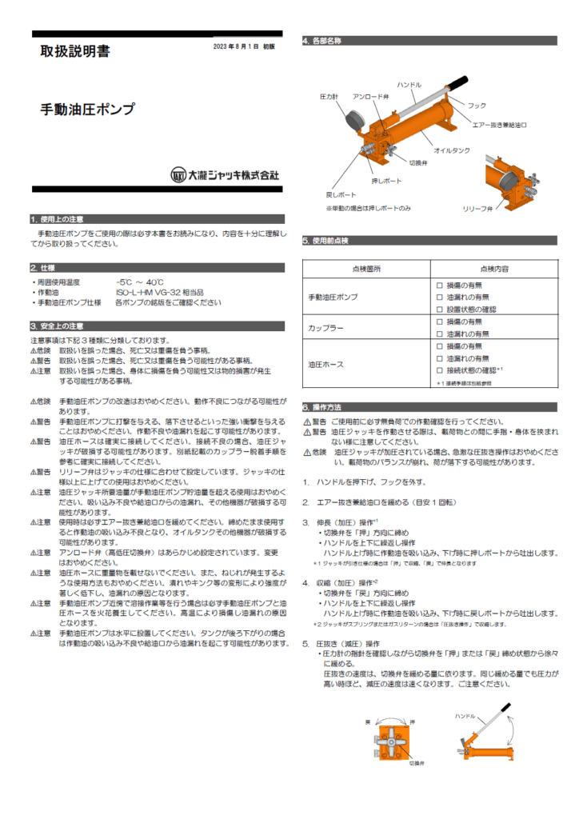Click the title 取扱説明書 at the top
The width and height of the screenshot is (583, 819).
click(75, 52)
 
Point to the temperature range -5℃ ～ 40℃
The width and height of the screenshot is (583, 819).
click(139, 282)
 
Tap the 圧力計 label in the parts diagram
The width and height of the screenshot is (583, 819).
click(329, 97)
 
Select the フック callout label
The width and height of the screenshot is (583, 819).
click(477, 106)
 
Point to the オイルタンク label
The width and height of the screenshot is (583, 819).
click(451, 150)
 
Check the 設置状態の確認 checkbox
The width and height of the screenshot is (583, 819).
click(439, 309)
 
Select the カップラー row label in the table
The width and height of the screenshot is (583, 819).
click(325, 327)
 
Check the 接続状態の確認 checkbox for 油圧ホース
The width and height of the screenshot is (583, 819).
click(439, 371)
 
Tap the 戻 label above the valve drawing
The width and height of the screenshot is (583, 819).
click(368, 722)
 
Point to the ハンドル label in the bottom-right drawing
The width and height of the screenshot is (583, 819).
click(465, 715)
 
